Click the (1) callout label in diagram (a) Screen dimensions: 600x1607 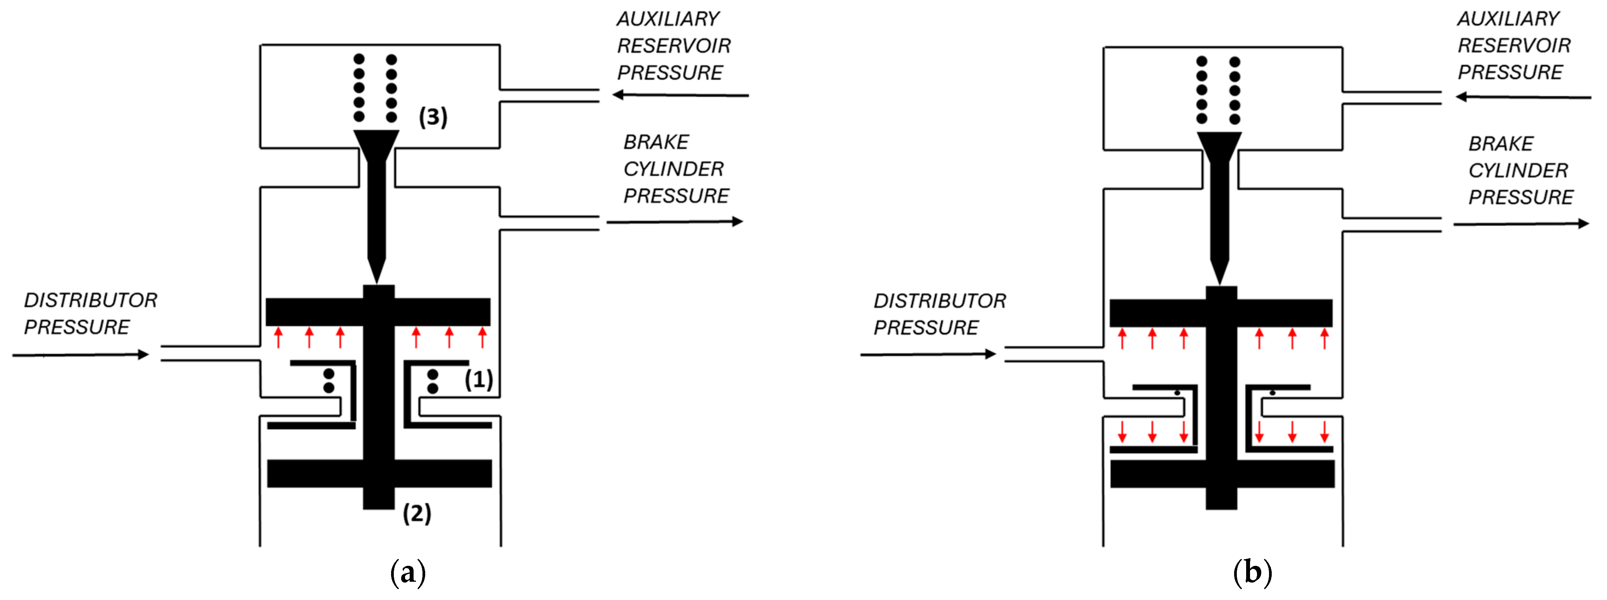478,379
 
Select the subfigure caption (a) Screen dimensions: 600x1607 408,572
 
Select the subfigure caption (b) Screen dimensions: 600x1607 1252,572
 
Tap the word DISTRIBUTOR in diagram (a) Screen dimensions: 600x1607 90,300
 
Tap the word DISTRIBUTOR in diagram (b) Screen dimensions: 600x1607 940,301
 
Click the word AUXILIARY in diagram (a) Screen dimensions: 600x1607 668,19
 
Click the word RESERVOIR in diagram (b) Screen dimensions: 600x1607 1514,45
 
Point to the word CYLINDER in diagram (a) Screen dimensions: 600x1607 674,168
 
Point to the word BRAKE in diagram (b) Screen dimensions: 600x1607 1501,144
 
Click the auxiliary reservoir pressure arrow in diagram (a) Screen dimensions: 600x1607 680,95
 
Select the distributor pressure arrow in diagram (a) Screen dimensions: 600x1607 81,355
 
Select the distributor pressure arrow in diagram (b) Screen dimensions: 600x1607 928,354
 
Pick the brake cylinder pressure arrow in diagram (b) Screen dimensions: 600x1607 1521,224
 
